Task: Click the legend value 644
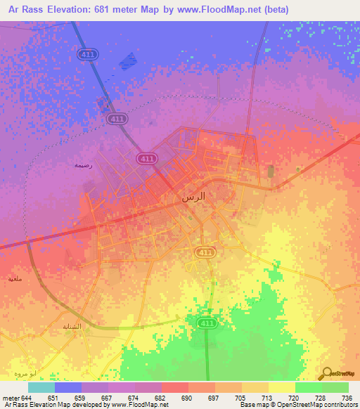tap(25, 398)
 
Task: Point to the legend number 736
tap(347, 398)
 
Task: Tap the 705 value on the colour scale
tap(239, 398)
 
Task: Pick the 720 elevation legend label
tap(292, 398)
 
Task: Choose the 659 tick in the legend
tap(79, 398)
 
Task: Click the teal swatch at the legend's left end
tap(41, 387)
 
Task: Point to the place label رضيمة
tap(84, 165)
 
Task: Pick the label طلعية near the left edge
tap(15, 279)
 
